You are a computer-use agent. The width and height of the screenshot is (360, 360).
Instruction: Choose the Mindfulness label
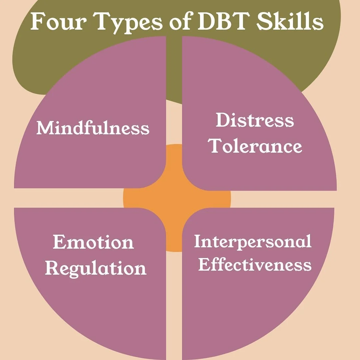(x=93, y=128)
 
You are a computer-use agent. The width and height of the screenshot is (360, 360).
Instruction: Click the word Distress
(x=255, y=120)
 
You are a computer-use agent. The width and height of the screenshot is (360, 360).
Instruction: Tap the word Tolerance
(x=256, y=146)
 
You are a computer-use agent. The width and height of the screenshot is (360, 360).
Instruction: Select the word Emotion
(x=93, y=242)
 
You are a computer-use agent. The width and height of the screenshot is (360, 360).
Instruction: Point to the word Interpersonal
(x=253, y=241)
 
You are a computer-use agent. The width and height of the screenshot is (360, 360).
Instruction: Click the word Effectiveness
(x=255, y=265)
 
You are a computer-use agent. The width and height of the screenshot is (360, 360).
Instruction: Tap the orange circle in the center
(x=177, y=198)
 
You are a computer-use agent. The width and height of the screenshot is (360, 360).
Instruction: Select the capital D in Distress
(x=222, y=120)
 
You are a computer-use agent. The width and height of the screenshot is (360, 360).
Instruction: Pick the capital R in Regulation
(x=52, y=268)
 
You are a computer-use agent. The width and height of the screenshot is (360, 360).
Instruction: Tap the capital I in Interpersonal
(x=197, y=241)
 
